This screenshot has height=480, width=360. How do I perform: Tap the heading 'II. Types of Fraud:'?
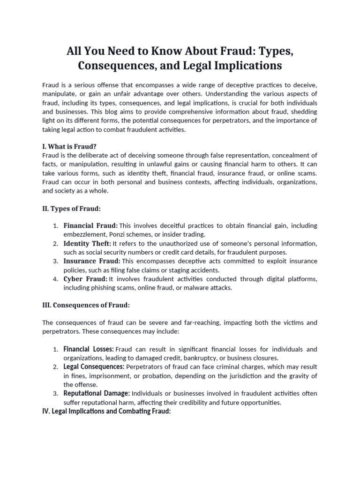pos(72,209)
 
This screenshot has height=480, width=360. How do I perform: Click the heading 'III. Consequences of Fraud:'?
pos(86,305)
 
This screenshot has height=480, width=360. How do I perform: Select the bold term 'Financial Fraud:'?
pos(90,225)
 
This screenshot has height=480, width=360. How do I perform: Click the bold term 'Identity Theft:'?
pos(87,243)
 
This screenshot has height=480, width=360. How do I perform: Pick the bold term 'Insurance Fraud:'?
pos(92,261)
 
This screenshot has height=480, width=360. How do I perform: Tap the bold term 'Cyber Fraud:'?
pos(85,279)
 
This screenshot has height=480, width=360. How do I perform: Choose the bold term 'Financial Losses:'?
pos(89,349)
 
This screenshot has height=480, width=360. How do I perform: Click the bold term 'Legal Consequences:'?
pos(94,367)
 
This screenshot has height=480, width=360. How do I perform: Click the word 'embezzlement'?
pos(85,234)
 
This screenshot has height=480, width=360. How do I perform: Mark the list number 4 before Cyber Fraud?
pos(55,279)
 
